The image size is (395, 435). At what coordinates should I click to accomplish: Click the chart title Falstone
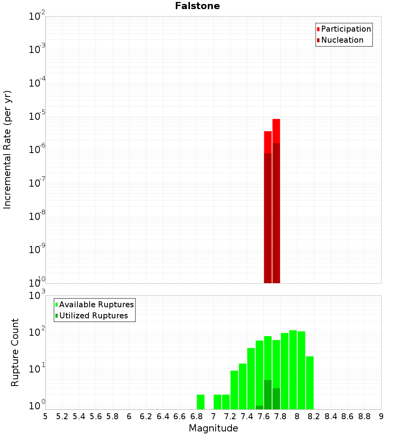(197, 6)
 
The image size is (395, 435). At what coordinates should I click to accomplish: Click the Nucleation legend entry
(342, 40)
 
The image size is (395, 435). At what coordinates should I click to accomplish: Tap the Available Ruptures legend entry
(96, 304)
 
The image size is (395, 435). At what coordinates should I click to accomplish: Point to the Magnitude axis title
(213, 428)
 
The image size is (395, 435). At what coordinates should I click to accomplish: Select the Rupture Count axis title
(15, 352)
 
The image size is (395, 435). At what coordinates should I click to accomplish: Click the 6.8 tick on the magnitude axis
(196, 416)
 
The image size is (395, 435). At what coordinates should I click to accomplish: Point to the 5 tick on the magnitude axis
(45, 416)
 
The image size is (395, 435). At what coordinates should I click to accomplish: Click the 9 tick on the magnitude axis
(381, 416)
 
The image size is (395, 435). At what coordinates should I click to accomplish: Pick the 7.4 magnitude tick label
(247, 416)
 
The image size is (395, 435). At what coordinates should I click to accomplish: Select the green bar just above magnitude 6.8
(201, 402)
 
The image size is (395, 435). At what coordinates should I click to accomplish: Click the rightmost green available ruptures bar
(310, 383)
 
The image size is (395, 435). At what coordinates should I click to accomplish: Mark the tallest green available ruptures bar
(293, 370)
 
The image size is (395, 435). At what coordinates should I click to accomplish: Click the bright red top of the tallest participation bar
(276, 130)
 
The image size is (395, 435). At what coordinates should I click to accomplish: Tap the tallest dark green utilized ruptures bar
(268, 395)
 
